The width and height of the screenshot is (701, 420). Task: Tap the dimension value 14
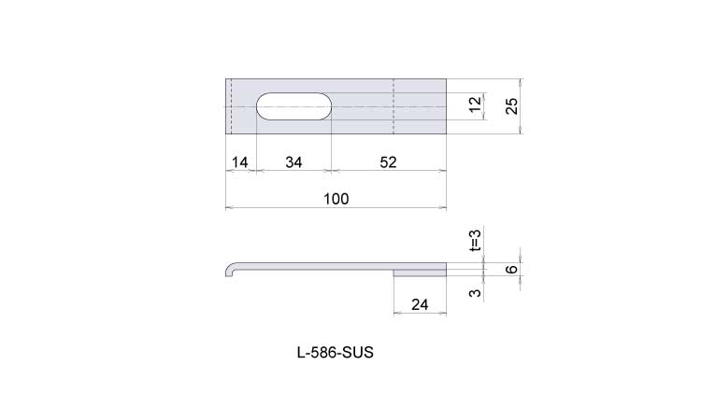(x=239, y=162)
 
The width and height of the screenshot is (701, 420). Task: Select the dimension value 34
(x=293, y=162)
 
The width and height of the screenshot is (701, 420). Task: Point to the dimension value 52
(x=388, y=162)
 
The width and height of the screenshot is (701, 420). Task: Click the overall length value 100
(x=336, y=199)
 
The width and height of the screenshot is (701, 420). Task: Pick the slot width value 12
(x=475, y=104)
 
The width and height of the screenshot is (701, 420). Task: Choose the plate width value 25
(x=511, y=105)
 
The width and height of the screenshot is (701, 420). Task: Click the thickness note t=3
(x=475, y=240)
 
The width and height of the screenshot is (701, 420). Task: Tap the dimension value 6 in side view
(x=512, y=269)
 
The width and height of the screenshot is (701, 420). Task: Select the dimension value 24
(x=420, y=304)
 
